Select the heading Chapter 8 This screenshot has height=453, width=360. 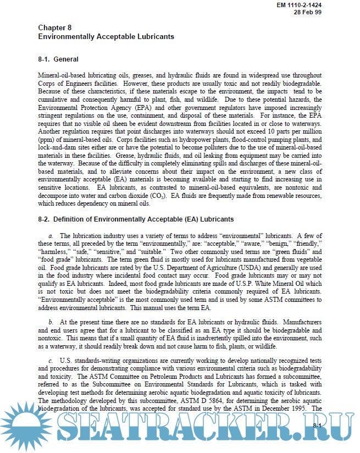click(54, 27)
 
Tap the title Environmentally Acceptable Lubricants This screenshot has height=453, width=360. click(106, 36)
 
